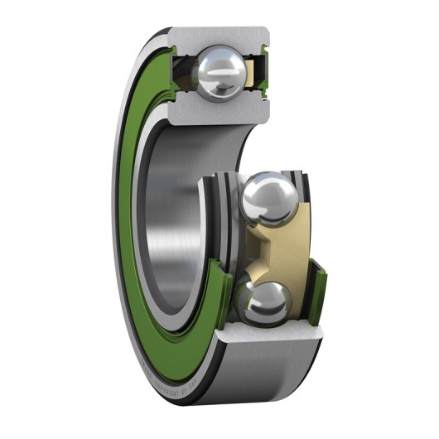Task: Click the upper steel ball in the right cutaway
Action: tap(266, 197)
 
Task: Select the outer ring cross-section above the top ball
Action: tap(219, 36)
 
